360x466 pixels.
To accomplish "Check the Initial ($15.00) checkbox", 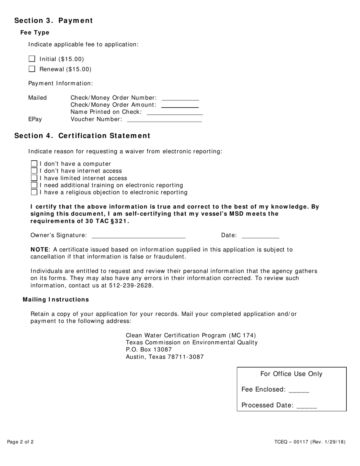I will [32, 59].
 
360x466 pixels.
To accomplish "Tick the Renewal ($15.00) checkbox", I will [32, 69].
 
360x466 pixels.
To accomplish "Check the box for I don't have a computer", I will [34, 164].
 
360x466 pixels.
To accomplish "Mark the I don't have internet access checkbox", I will [34, 171].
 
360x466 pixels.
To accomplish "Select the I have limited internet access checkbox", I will [34, 178].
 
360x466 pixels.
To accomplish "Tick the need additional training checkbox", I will [34, 185].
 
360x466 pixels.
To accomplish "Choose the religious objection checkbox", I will [34, 192].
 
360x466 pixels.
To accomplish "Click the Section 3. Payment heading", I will [53, 20].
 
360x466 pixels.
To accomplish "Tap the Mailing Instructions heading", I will [56, 300].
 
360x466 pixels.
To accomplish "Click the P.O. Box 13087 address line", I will [149, 350].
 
